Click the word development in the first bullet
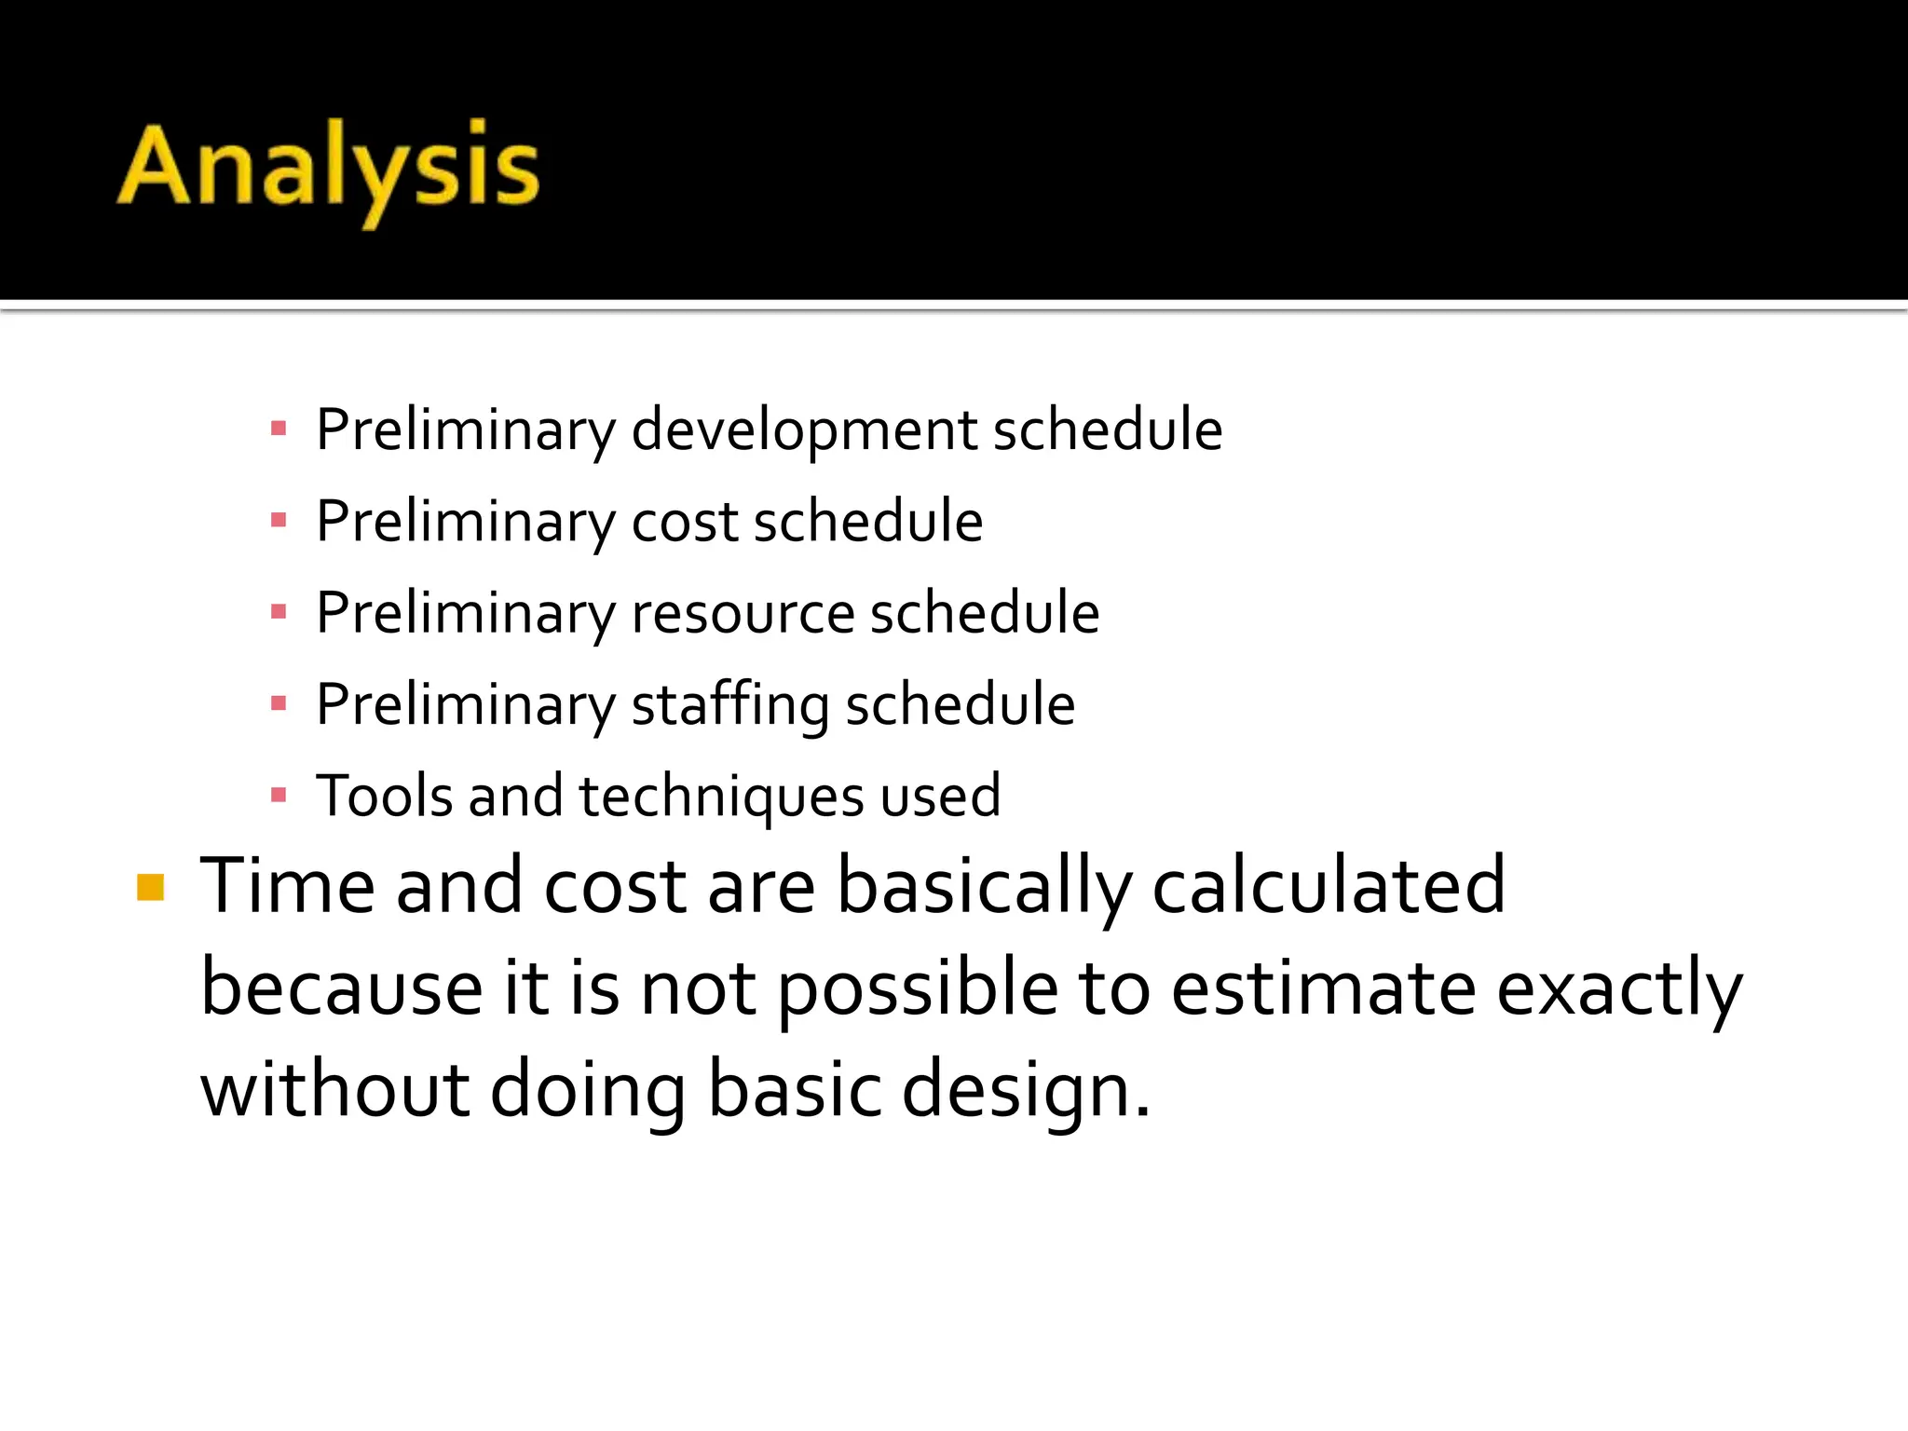click(804, 430)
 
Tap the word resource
click(743, 614)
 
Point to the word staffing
click(729, 705)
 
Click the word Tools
click(384, 797)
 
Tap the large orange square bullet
click(150, 887)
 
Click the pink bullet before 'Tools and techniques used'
click(278, 796)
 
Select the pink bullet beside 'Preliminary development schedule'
click(278, 429)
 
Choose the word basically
click(984, 887)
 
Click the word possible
click(918, 989)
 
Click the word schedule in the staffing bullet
click(961, 705)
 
